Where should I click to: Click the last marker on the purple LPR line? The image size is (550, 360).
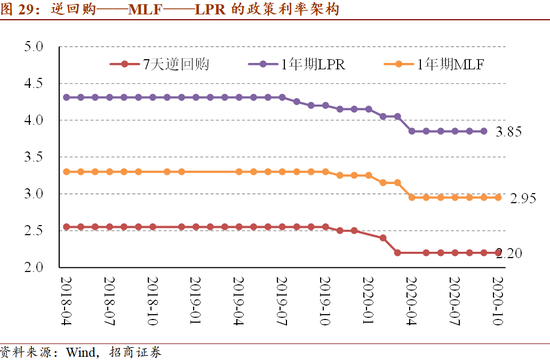click(x=484, y=131)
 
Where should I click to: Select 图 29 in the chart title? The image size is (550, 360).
click(x=21, y=12)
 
